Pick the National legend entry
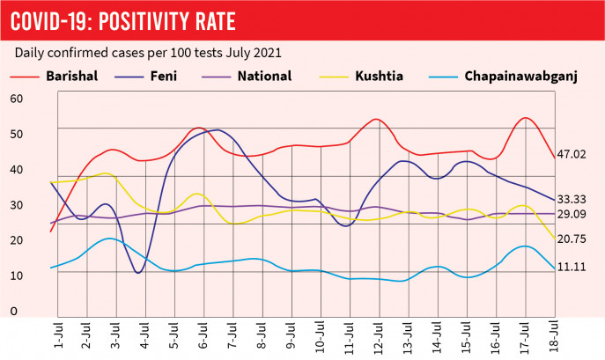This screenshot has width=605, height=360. (264, 76)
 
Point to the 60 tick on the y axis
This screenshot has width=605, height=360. (17, 99)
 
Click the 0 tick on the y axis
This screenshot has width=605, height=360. (13, 312)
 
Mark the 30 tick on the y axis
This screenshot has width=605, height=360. (17, 205)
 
